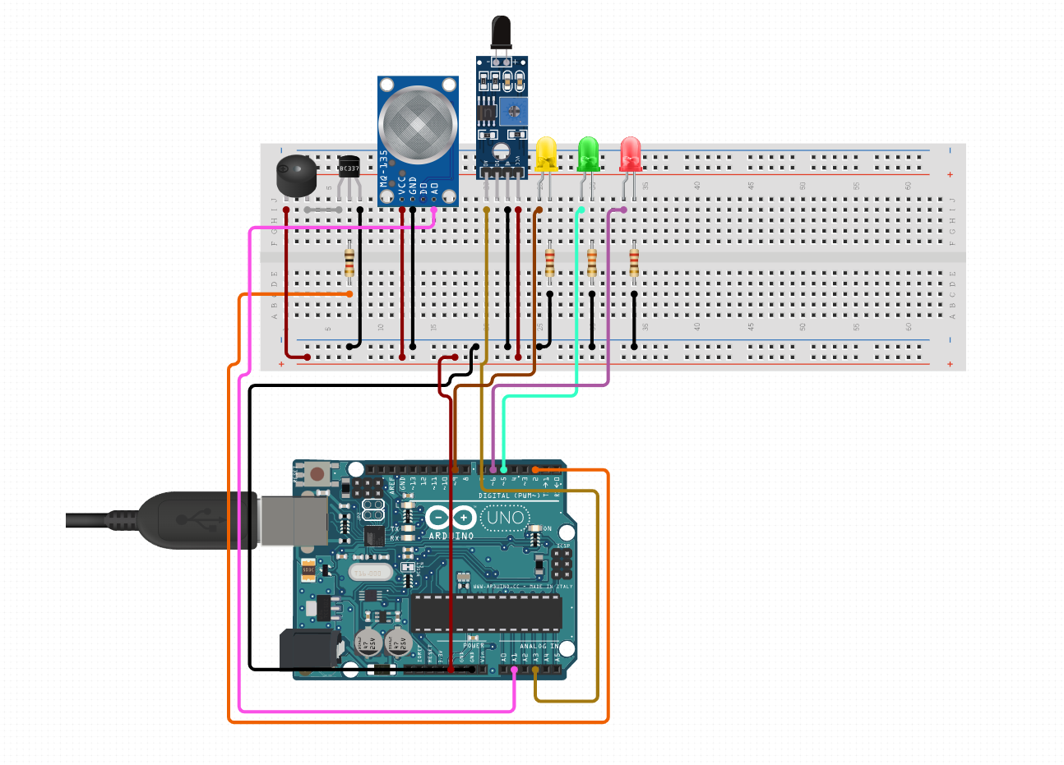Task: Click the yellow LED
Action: (546, 154)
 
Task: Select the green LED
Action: (588, 154)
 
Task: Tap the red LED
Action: (631, 154)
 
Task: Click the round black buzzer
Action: (296, 177)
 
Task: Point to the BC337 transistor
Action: (349, 168)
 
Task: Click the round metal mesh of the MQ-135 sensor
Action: (417, 124)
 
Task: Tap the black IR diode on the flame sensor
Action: (501, 33)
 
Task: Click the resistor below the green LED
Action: (592, 263)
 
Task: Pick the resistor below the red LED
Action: (634, 263)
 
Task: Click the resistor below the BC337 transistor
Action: (349, 263)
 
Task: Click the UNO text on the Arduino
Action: (505, 518)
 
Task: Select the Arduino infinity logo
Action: (451, 518)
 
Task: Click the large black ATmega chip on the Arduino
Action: (486, 613)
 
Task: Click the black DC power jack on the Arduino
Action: (309, 649)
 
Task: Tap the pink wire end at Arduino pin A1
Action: (514, 670)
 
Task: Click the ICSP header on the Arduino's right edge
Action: (562, 563)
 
